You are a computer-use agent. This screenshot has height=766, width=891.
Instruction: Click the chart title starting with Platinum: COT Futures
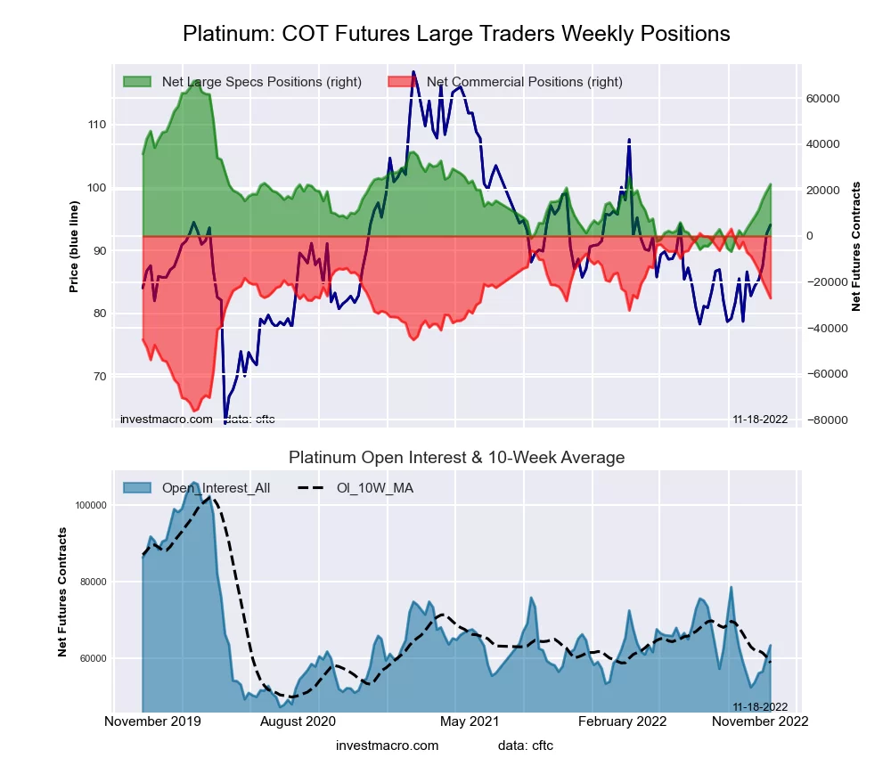click(456, 34)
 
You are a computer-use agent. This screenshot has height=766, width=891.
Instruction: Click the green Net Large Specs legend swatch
click(138, 82)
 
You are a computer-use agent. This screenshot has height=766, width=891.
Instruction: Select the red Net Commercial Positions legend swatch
click(403, 82)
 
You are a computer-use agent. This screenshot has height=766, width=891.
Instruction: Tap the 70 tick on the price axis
click(99, 377)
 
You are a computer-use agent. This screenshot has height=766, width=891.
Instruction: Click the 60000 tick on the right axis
click(825, 98)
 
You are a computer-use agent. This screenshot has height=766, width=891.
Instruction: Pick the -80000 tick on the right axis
click(823, 420)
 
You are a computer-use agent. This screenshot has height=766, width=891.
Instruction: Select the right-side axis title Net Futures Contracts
click(856, 246)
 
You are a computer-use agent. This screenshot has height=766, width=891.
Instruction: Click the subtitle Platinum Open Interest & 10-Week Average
click(456, 458)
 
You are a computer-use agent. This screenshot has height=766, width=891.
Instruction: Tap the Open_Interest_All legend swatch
click(138, 488)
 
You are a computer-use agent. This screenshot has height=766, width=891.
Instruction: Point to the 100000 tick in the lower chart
click(91, 505)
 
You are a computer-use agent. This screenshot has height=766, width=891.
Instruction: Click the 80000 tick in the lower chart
click(94, 582)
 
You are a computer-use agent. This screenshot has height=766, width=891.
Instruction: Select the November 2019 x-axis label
click(152, 721)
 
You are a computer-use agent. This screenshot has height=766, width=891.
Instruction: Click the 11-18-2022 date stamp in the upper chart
click(760, 420)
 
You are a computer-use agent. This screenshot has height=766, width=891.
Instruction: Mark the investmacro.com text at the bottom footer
click(388, 746)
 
